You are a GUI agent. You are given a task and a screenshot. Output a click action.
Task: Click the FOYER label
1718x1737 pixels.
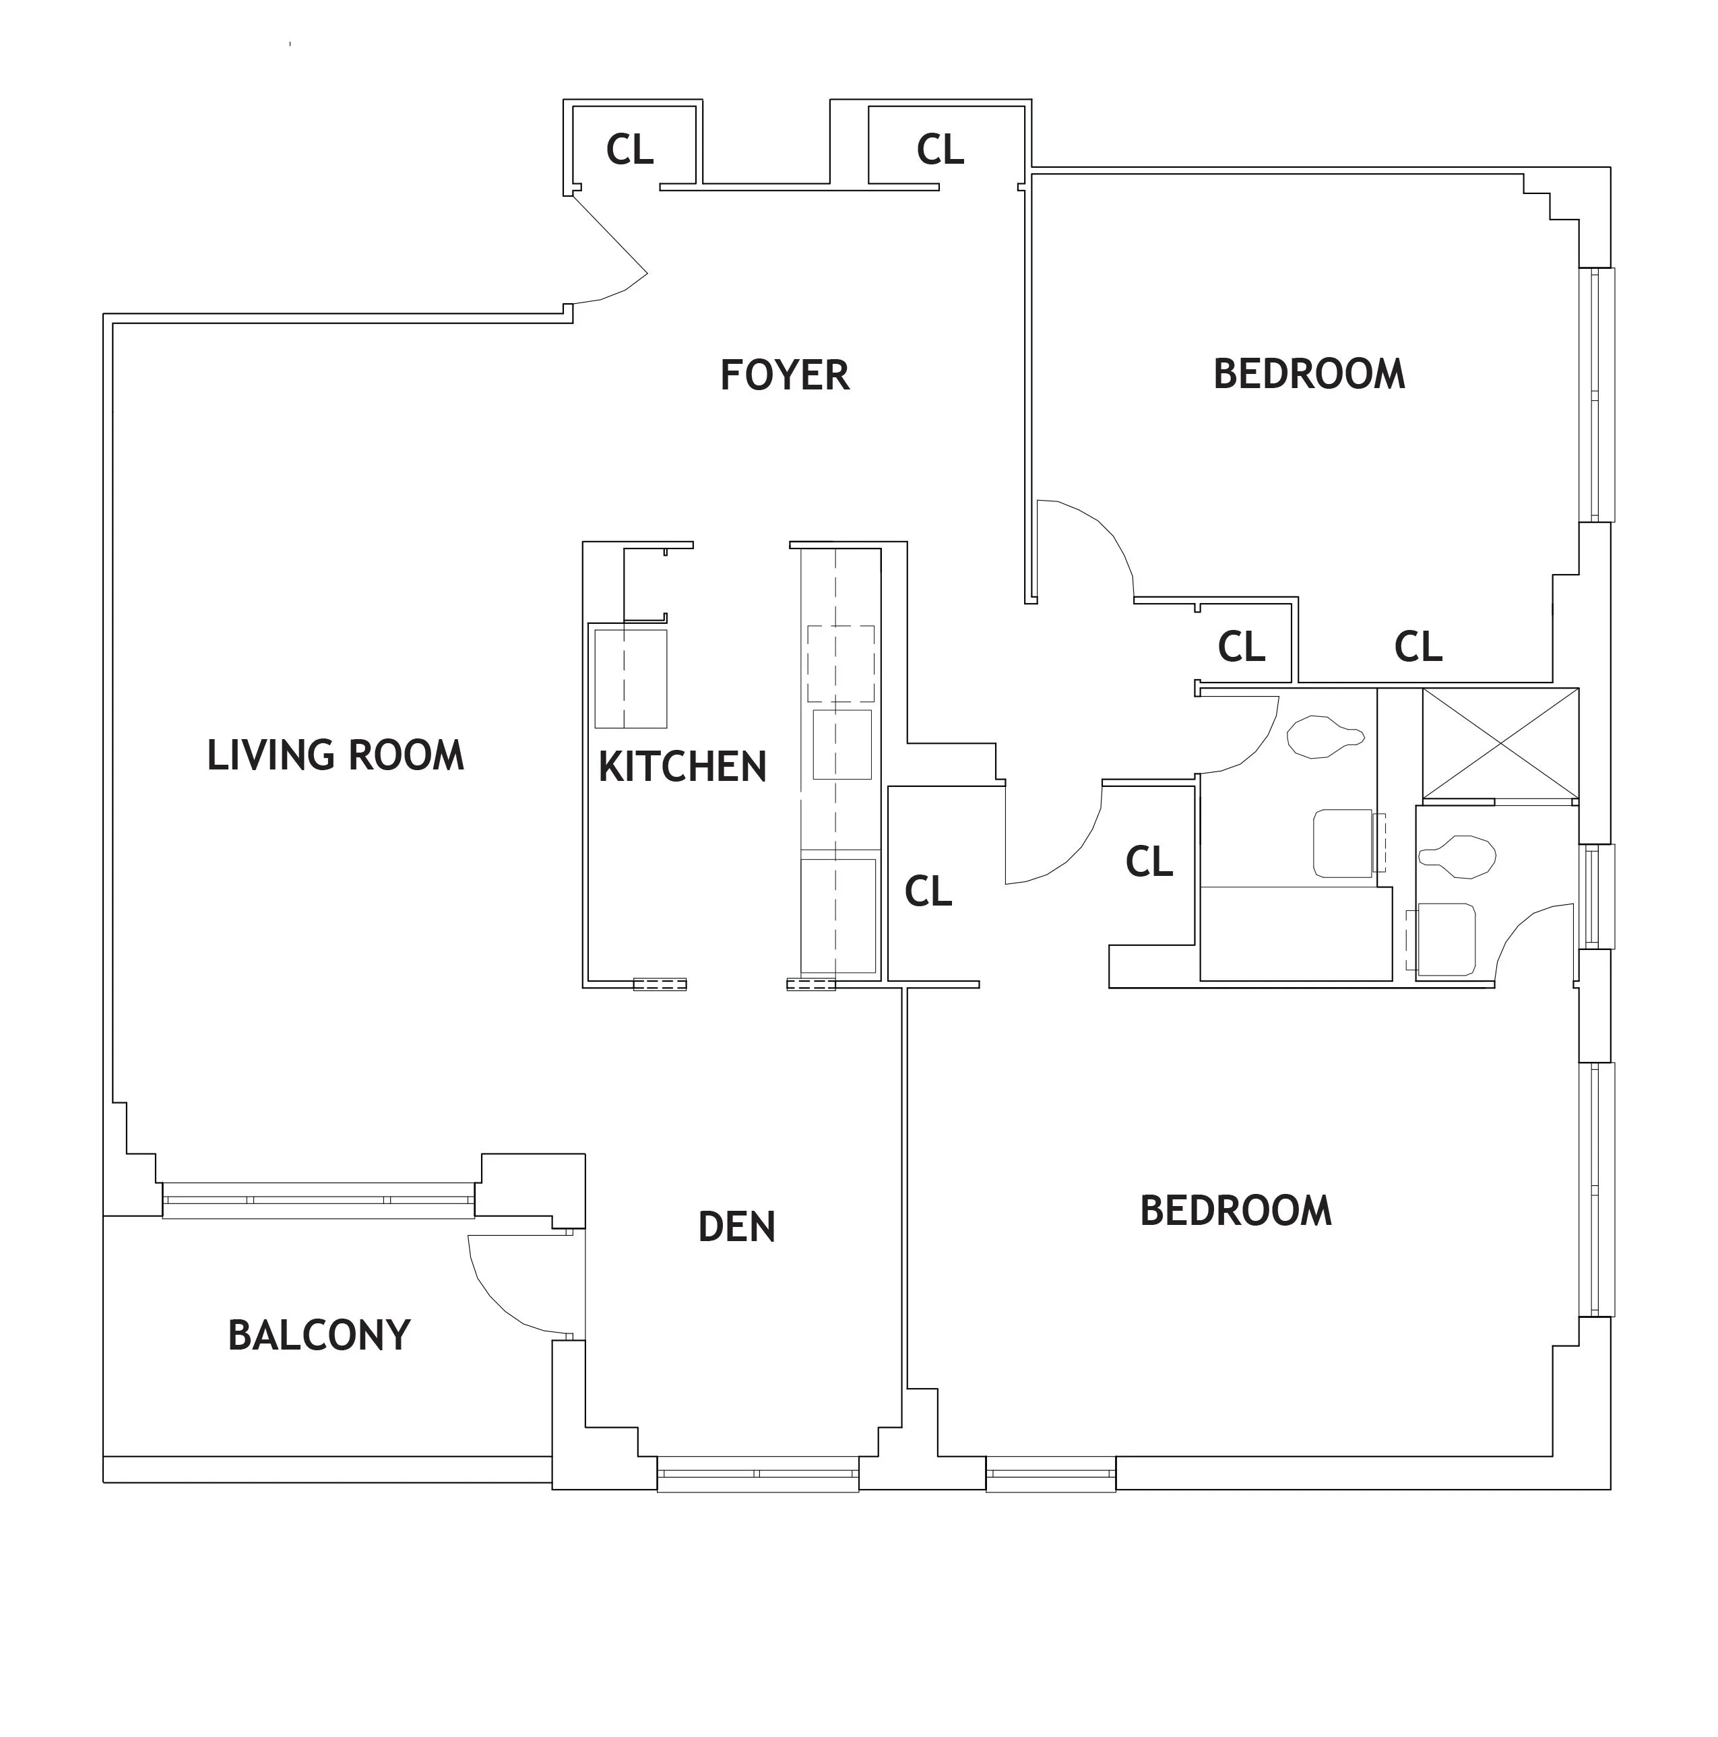click(x=784, y=375)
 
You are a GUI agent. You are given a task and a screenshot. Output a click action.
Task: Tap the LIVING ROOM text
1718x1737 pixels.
click(x=336, y=755)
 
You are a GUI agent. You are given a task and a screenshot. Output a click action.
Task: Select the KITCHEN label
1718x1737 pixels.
click(x=682, y=767)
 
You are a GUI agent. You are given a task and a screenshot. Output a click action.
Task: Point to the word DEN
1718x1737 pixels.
click(x=736, y=1227)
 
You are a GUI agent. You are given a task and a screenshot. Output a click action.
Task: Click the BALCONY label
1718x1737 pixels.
click(x=319, y=1335)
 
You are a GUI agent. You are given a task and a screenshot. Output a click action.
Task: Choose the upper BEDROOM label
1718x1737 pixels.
click(x=1308, y=374)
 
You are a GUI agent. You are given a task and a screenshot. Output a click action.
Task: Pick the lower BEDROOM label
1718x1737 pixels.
click(x=1235, y=1211)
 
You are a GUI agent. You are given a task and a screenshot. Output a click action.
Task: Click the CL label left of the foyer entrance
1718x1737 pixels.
click(x=629, y=150)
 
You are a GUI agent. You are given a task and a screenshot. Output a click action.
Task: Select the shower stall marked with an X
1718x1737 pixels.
click(x=1500, y=743)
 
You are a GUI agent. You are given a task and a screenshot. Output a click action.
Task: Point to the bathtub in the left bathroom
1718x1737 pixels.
click(x=1295, y=933)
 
